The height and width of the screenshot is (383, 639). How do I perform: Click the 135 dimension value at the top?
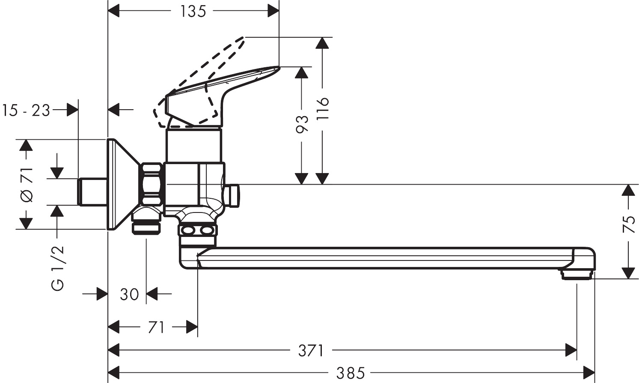click(x=193, y=11)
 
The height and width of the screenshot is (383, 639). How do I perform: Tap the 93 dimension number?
click(x=302, y=124)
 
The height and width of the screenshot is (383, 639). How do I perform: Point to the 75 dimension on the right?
click(x=628, y=224)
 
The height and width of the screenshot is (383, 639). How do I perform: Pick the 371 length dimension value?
click(x=311, y=351)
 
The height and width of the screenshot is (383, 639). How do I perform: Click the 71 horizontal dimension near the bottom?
click(x=156, y=328)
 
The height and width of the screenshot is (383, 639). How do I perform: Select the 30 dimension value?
click(x=129, y=294)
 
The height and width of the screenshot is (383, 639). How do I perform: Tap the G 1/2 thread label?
click(x=58, y=268)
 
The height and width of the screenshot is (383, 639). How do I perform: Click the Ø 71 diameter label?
click(x=27, y=184)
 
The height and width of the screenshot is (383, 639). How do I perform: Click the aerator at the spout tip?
click(x=577, y=275)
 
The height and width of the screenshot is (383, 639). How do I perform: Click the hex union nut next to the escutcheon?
click(x=152, y=184)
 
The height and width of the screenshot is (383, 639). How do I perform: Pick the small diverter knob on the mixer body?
click(x=234, y=195)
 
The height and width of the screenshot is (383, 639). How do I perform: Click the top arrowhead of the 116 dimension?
click(x=323, y=42)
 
